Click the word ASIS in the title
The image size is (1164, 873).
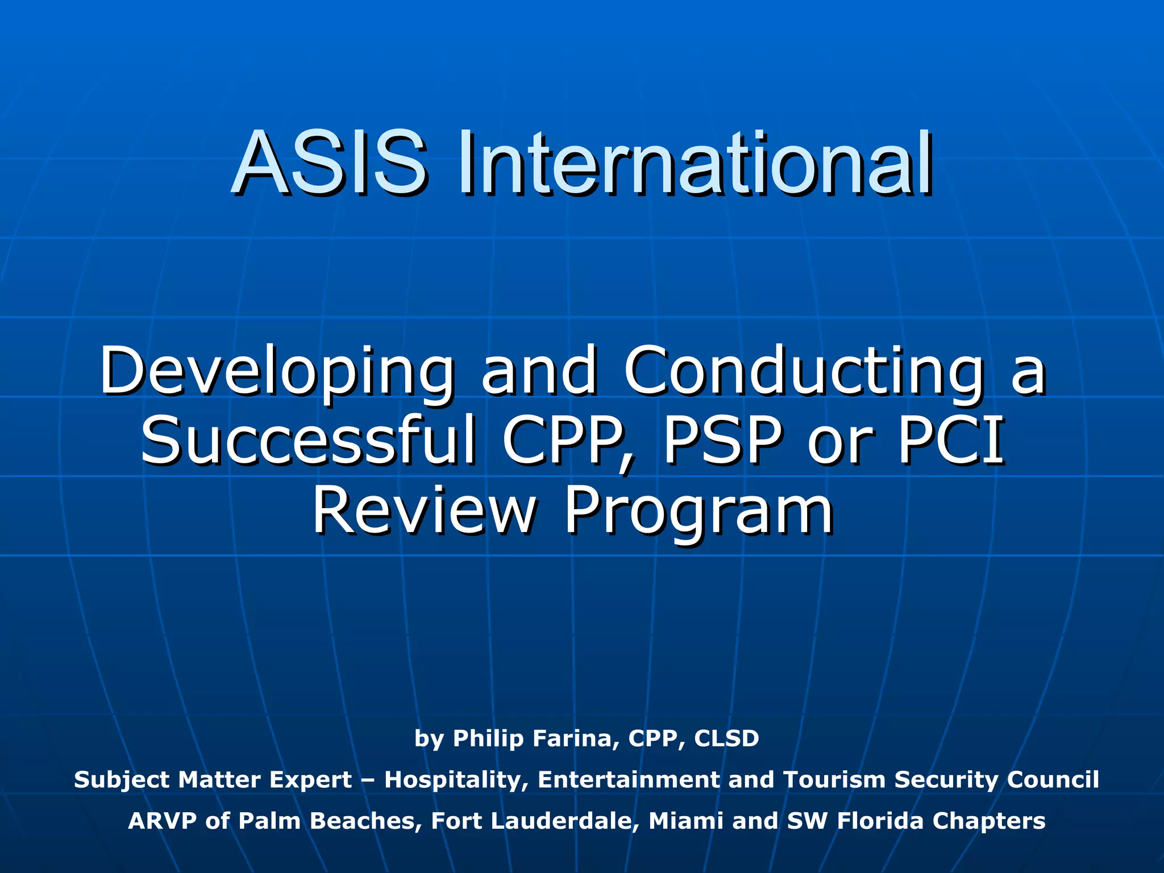(x=329, y=163)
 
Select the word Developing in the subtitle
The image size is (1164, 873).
(x=277, y=373)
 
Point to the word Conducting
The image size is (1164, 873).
(x=803, y=373)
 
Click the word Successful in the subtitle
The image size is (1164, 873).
(x=307, y=441)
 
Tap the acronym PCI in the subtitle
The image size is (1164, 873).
(x=950, y=441)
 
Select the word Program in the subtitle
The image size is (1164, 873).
(x=699, y=512)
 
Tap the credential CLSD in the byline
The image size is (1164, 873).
(x=727, y=738)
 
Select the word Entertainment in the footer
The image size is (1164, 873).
(x=628, y=779)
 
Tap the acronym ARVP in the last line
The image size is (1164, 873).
(x=163, y=821)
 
